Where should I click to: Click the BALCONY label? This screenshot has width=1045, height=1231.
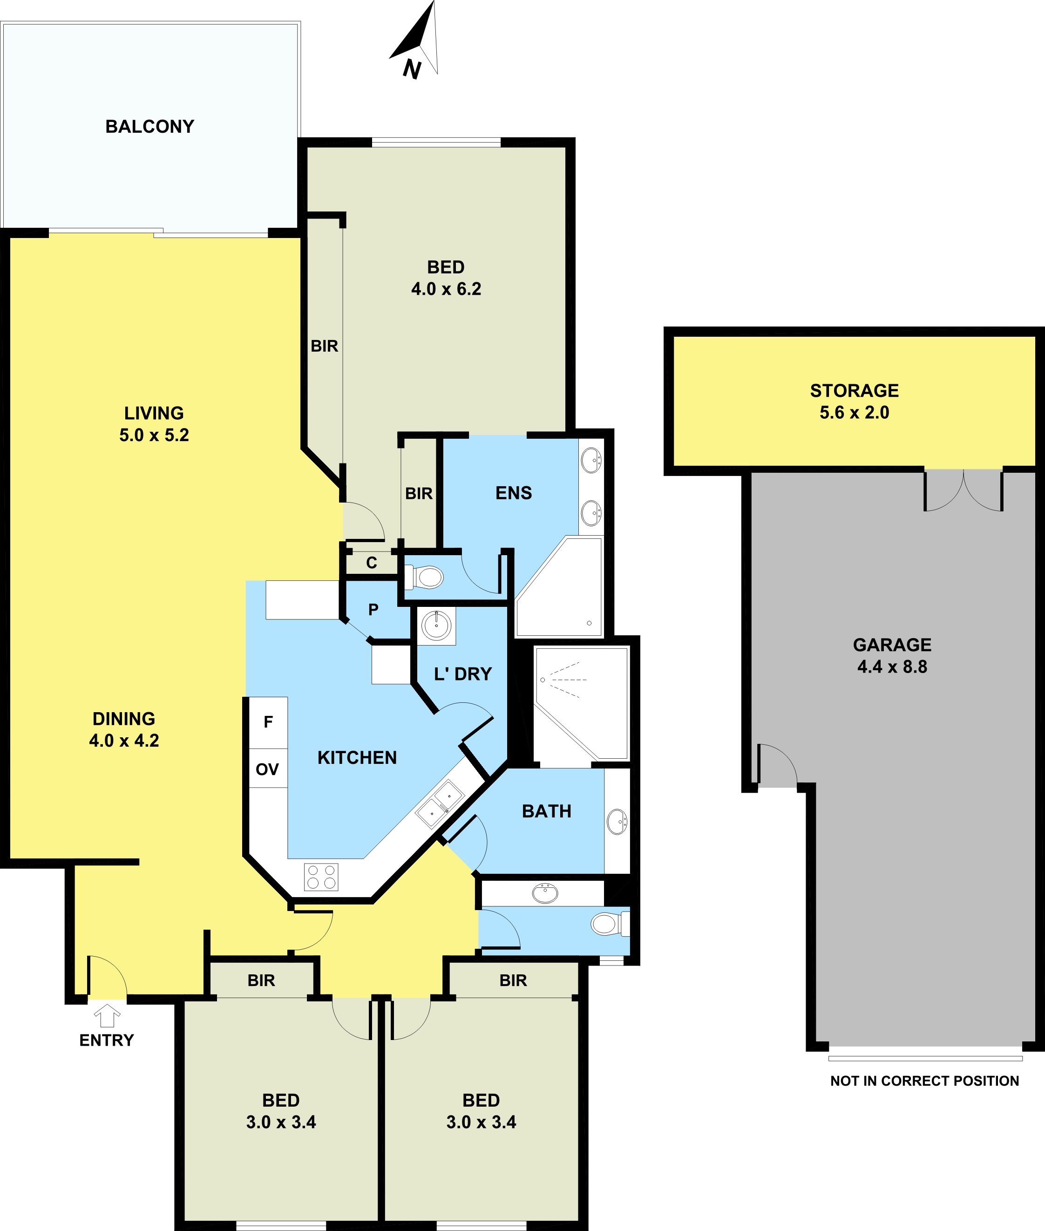click(150, 126)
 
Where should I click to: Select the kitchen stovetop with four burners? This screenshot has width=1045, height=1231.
click(321, 877)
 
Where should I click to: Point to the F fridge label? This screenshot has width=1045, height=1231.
click(268, 722)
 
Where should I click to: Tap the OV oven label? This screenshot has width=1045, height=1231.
click(267, 769)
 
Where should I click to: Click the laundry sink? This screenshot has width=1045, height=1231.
click(437, 626)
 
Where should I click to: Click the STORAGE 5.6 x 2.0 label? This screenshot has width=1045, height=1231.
click(854, 401)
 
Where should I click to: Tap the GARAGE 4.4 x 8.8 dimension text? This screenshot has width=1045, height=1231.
click(892, 666)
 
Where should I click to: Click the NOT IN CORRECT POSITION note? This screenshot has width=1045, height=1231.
click(925, 1081)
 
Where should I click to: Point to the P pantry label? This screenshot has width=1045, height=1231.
click(373, 609)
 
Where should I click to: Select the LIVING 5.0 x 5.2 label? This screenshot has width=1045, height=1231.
click(154, 423)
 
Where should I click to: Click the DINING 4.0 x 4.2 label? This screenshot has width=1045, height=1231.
click(124, 729)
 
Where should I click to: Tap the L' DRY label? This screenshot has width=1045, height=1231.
click(463, 674)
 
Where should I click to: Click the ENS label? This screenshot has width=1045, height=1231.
click(514, 493)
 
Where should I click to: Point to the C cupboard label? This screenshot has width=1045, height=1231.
click(372, 563)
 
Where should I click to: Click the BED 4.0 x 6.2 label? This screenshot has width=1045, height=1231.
click(446, 278)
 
